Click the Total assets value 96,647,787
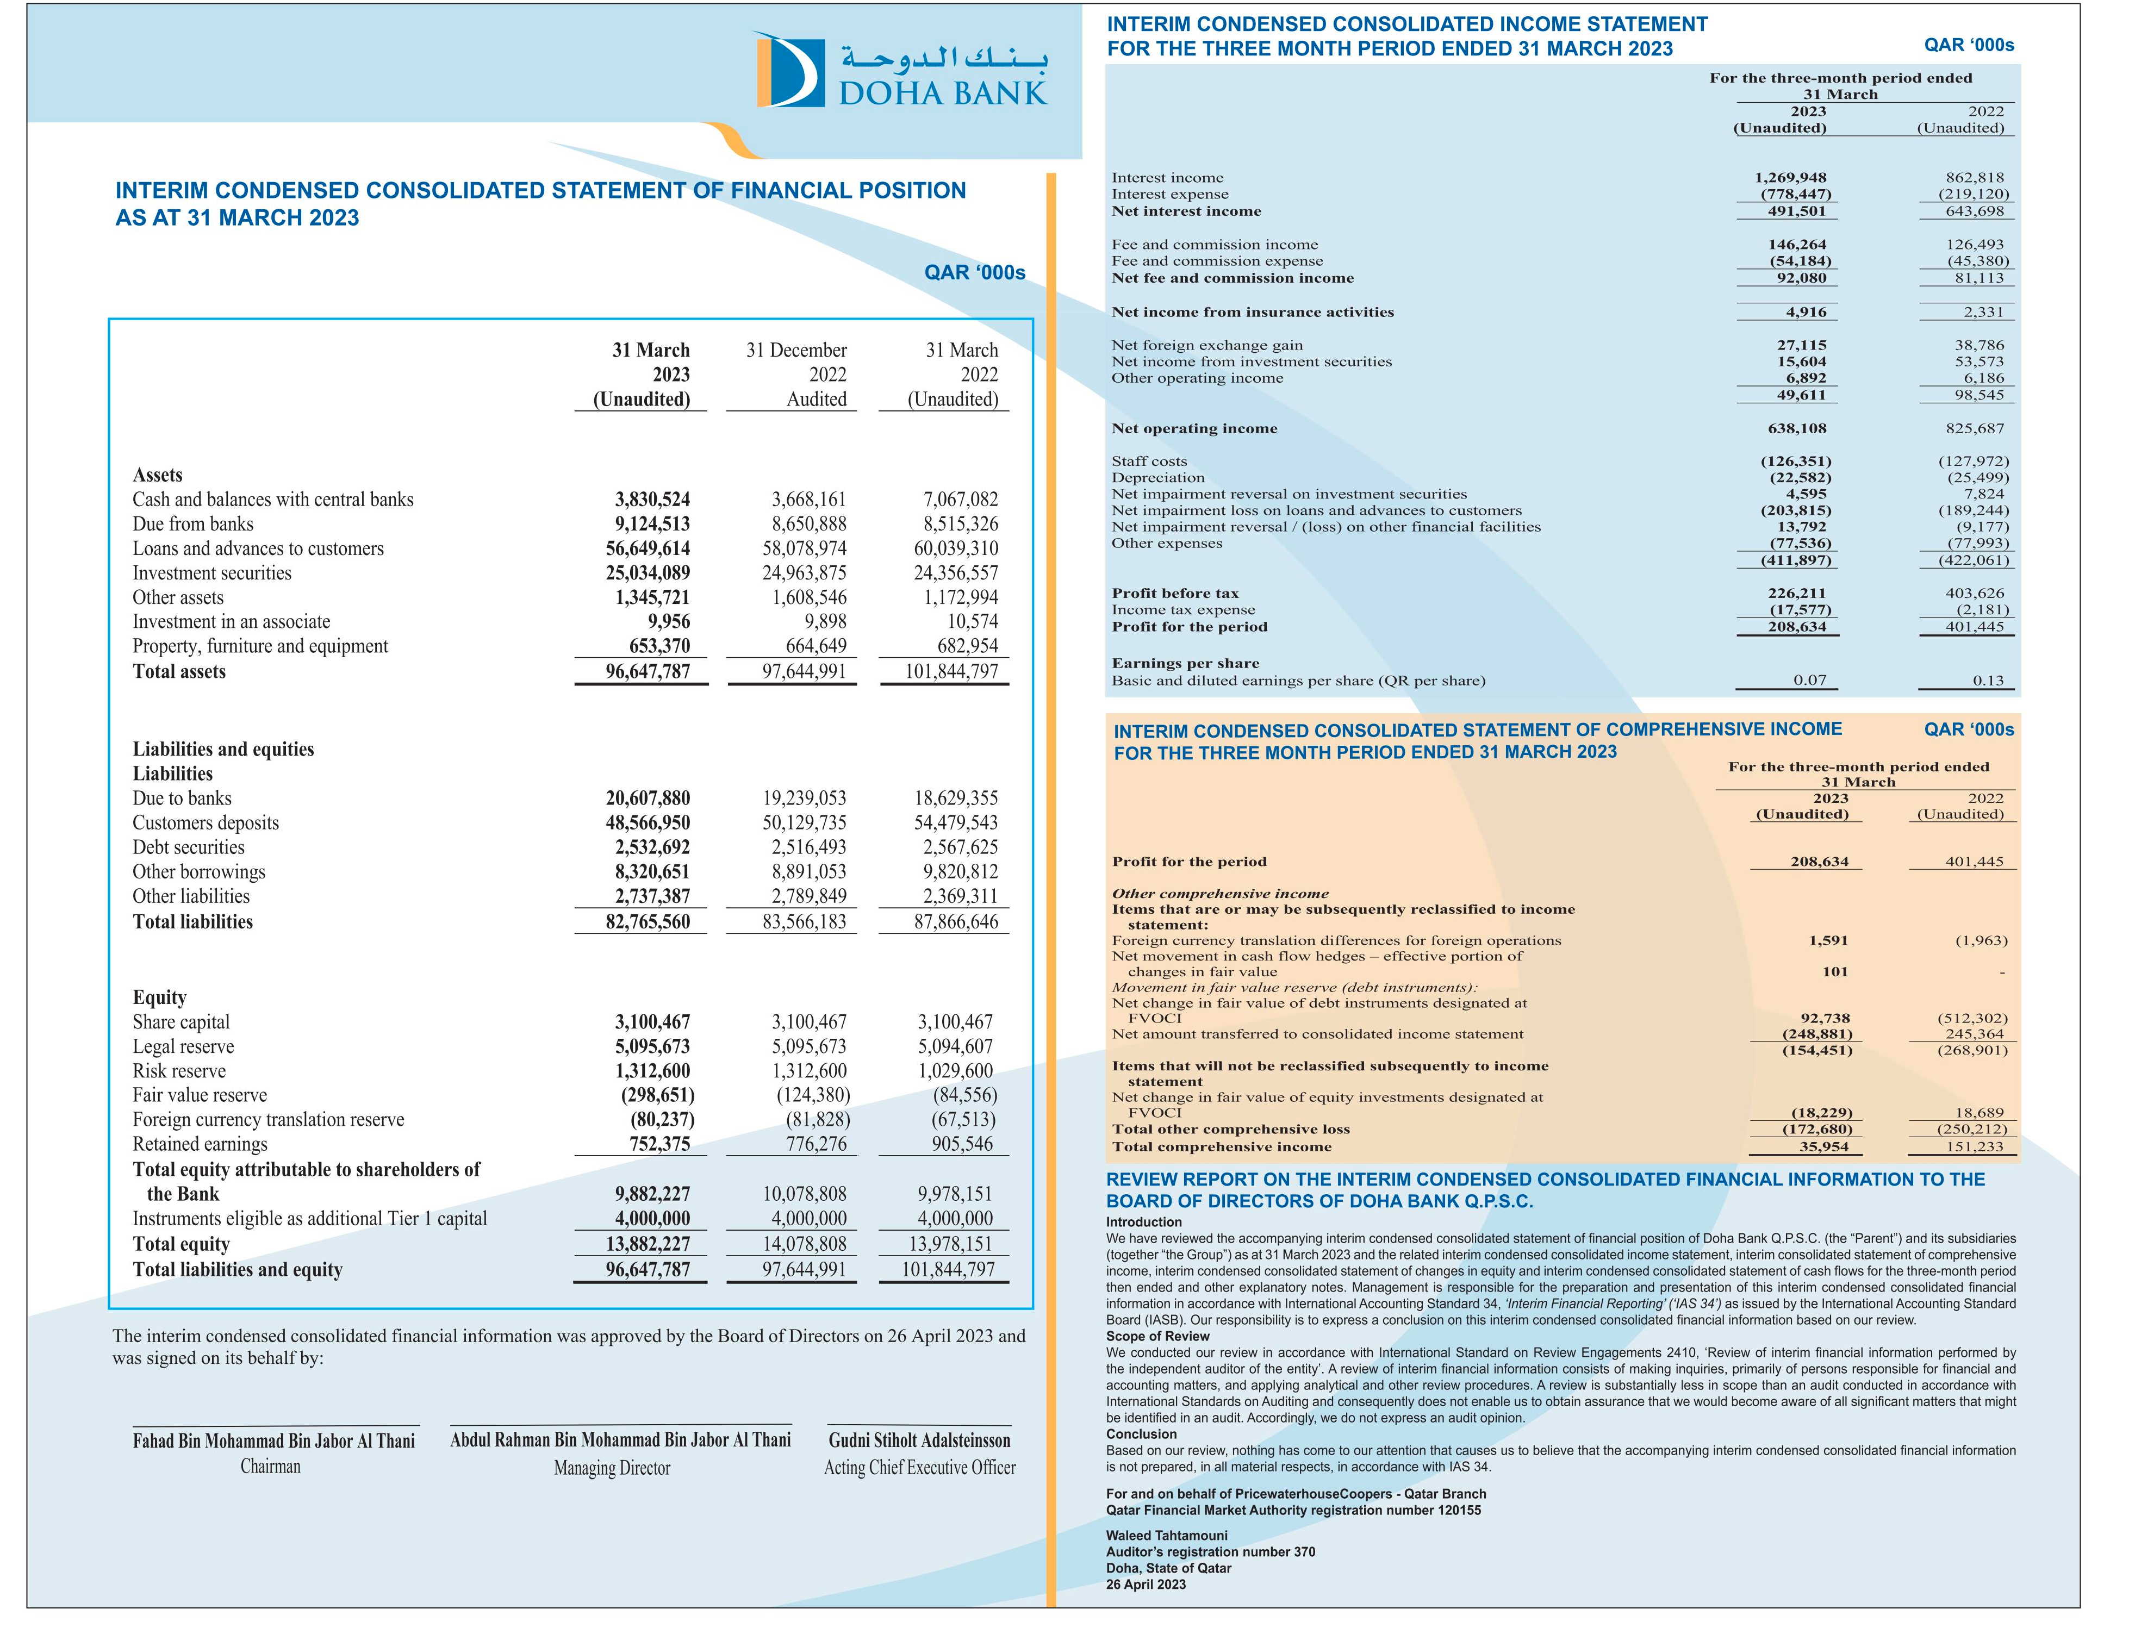648,671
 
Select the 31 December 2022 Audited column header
796,375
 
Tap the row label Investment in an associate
232,621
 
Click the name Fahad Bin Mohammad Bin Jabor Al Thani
273,1440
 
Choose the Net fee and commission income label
1233,278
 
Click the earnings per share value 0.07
1810,681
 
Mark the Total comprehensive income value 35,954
1823,1147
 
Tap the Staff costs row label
1149,461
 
